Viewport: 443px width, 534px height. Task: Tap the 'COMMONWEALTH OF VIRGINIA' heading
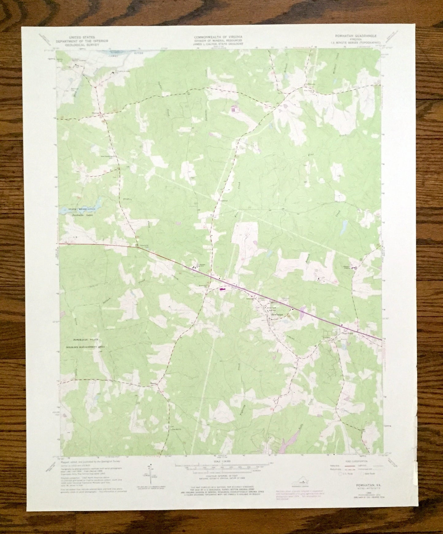pyautogui.click(x=218, y=37)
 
